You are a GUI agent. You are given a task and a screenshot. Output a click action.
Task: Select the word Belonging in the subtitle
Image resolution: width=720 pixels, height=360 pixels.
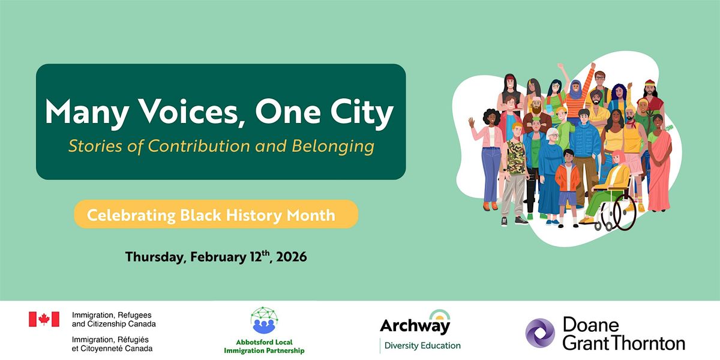tap(333, 146)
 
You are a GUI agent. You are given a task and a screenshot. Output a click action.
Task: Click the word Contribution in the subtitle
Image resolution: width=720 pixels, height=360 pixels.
tap(199, 146)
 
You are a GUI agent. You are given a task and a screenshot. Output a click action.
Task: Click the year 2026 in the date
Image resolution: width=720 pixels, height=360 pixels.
tap(292, 257)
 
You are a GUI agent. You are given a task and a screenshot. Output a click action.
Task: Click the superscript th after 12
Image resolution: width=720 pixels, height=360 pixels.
tap(265, 253)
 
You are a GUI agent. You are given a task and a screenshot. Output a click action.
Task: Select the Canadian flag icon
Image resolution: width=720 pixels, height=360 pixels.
tap(44, 319)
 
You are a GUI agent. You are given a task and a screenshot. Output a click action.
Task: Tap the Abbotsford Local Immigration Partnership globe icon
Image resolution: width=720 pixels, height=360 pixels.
tap(264, 320)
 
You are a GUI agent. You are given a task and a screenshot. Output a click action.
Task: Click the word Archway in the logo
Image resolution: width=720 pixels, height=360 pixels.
tap(415, 326)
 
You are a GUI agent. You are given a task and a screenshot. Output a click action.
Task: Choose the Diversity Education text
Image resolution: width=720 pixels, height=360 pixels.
tap(422, 346)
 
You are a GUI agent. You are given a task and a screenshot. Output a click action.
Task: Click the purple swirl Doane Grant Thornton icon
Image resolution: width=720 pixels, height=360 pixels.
tap(540, 333)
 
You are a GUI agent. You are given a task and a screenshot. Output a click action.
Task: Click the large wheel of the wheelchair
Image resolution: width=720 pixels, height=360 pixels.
tap(625, 212)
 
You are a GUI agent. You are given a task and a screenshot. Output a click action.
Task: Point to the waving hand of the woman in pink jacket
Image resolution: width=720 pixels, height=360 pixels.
tap(472, 122)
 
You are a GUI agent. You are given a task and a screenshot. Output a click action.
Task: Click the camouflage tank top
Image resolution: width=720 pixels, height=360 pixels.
tap(516, 157)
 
